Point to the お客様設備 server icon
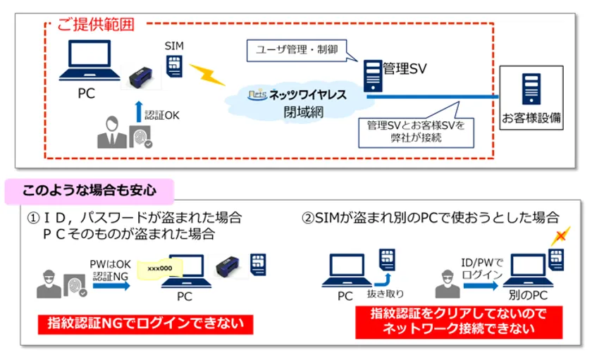(x=531, y=89)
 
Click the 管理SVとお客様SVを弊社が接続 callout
(x=415, y=130)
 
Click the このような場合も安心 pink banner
(x=89, y=190)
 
